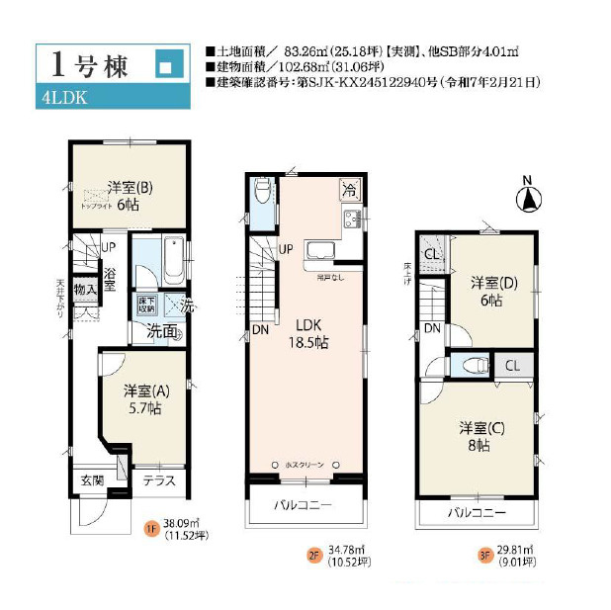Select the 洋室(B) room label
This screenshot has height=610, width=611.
(129, 193)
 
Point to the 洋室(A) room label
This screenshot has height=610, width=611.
(146, 398)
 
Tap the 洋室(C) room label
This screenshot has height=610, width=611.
(481, 436)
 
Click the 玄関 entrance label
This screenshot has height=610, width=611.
(91, 480)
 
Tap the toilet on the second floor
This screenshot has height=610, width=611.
(262, 191)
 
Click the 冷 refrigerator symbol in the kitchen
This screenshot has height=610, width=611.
(350, 188)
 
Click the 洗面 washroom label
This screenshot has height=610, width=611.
(162, 331)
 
